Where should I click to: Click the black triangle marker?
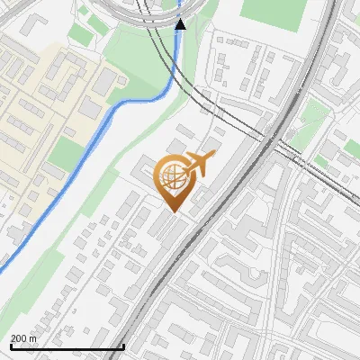point(181,24)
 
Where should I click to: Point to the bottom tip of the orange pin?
point(173,211)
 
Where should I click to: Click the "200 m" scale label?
point(24,338)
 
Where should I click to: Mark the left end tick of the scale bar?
point(10,345)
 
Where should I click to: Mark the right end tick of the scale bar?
point(122,345)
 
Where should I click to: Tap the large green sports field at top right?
point(274,11)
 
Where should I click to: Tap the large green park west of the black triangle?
point(135,54)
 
